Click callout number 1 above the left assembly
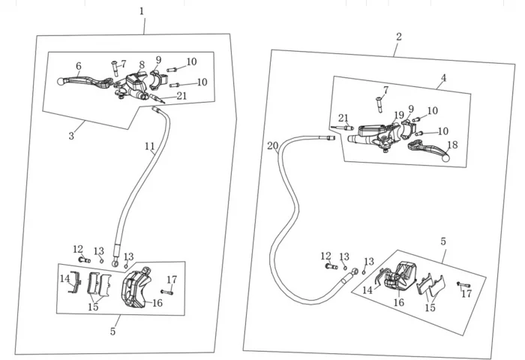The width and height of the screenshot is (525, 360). [142, 10]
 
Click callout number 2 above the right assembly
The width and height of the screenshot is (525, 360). [398, 37]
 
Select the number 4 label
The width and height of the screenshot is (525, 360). [443, 77]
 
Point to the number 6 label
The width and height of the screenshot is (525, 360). [78, 66]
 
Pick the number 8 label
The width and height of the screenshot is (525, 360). [142, 65]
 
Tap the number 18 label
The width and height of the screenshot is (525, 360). [451, 145]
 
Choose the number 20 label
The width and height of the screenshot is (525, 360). [272, 145]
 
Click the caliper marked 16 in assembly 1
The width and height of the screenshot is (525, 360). [135, 288]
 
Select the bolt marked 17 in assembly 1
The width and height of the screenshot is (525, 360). [166, 292]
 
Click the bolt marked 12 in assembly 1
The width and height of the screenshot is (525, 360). [82, 259]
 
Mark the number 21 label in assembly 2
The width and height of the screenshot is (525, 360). [343, 118]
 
